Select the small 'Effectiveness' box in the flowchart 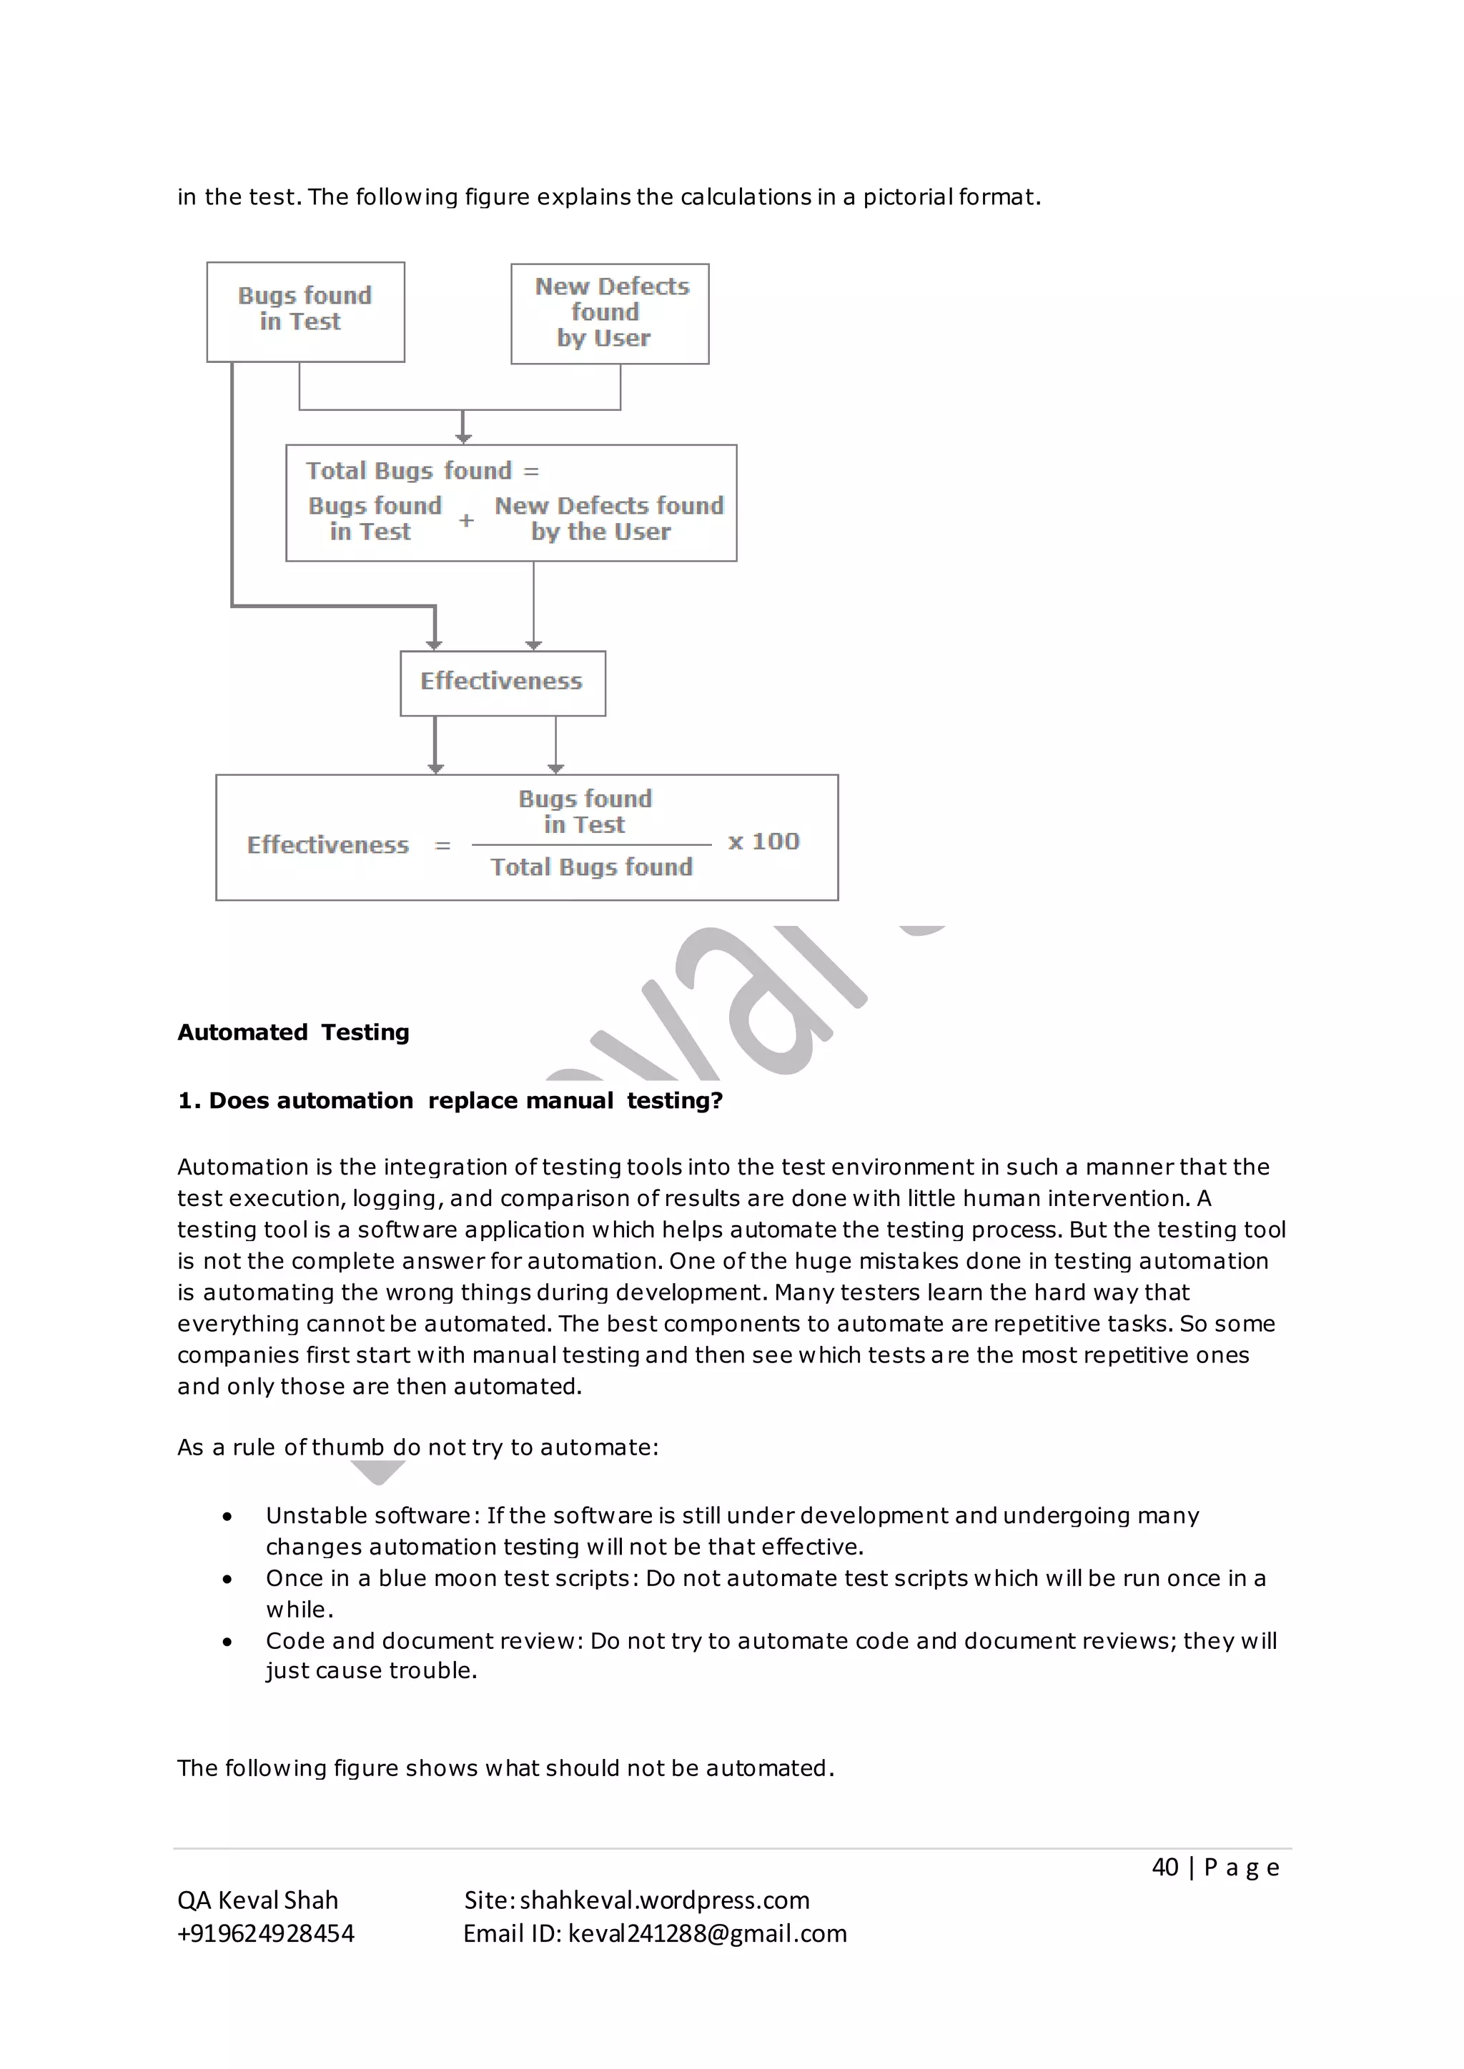click(502, 682)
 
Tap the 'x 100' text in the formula click(763, 842)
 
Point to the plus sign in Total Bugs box click(466, 521)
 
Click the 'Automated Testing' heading click(293, 1032)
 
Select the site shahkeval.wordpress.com click(664, 1900)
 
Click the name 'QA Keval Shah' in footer click(258, 1900)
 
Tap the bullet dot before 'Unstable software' click(227, 1517)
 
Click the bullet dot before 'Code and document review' click(227, 1642)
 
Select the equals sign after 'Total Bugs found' click(531, 472)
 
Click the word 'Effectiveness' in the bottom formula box click(328, 845)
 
